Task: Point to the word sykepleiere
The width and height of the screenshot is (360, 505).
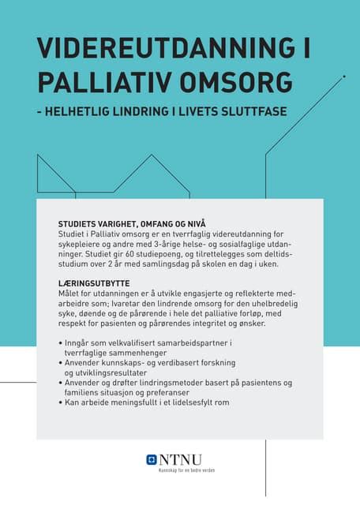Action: pos(83,244)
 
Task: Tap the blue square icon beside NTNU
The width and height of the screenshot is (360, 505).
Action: pos(152,459)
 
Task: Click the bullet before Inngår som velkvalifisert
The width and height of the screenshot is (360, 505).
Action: pos(61,343)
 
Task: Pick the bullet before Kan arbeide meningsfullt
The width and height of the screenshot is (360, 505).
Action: pos(61,402)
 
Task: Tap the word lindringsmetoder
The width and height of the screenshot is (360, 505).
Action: pos(176,383)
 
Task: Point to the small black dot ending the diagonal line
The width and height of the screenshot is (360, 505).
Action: pos(345,77)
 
